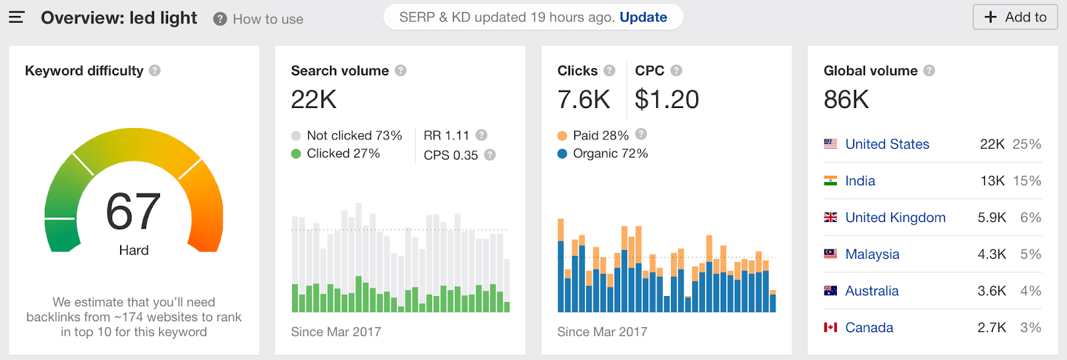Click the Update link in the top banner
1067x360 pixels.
coord(643,17)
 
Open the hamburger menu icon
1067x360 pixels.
coord(17,17)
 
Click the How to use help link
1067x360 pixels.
coord(267,19)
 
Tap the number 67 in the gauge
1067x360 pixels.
coord(133,211)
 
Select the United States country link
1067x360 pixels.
coord(887,144)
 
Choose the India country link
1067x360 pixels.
coord(860,181)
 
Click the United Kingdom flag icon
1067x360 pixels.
coord(830,217)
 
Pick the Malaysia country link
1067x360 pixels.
coord(872,254)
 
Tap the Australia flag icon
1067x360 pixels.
coord(830,291)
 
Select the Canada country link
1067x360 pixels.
coord(869,327)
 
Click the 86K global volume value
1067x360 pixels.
coord(846,100)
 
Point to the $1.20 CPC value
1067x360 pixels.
coord(666,100)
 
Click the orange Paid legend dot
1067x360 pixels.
coord(562,136)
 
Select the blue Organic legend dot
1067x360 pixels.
coord(562,154)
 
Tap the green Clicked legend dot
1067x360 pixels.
coord(296,154)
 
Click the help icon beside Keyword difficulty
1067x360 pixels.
coord(155,70)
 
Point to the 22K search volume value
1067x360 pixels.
coord(313,100)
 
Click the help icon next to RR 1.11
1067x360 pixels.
coord(481,135)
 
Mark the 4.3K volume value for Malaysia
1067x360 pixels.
coord(992,254)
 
